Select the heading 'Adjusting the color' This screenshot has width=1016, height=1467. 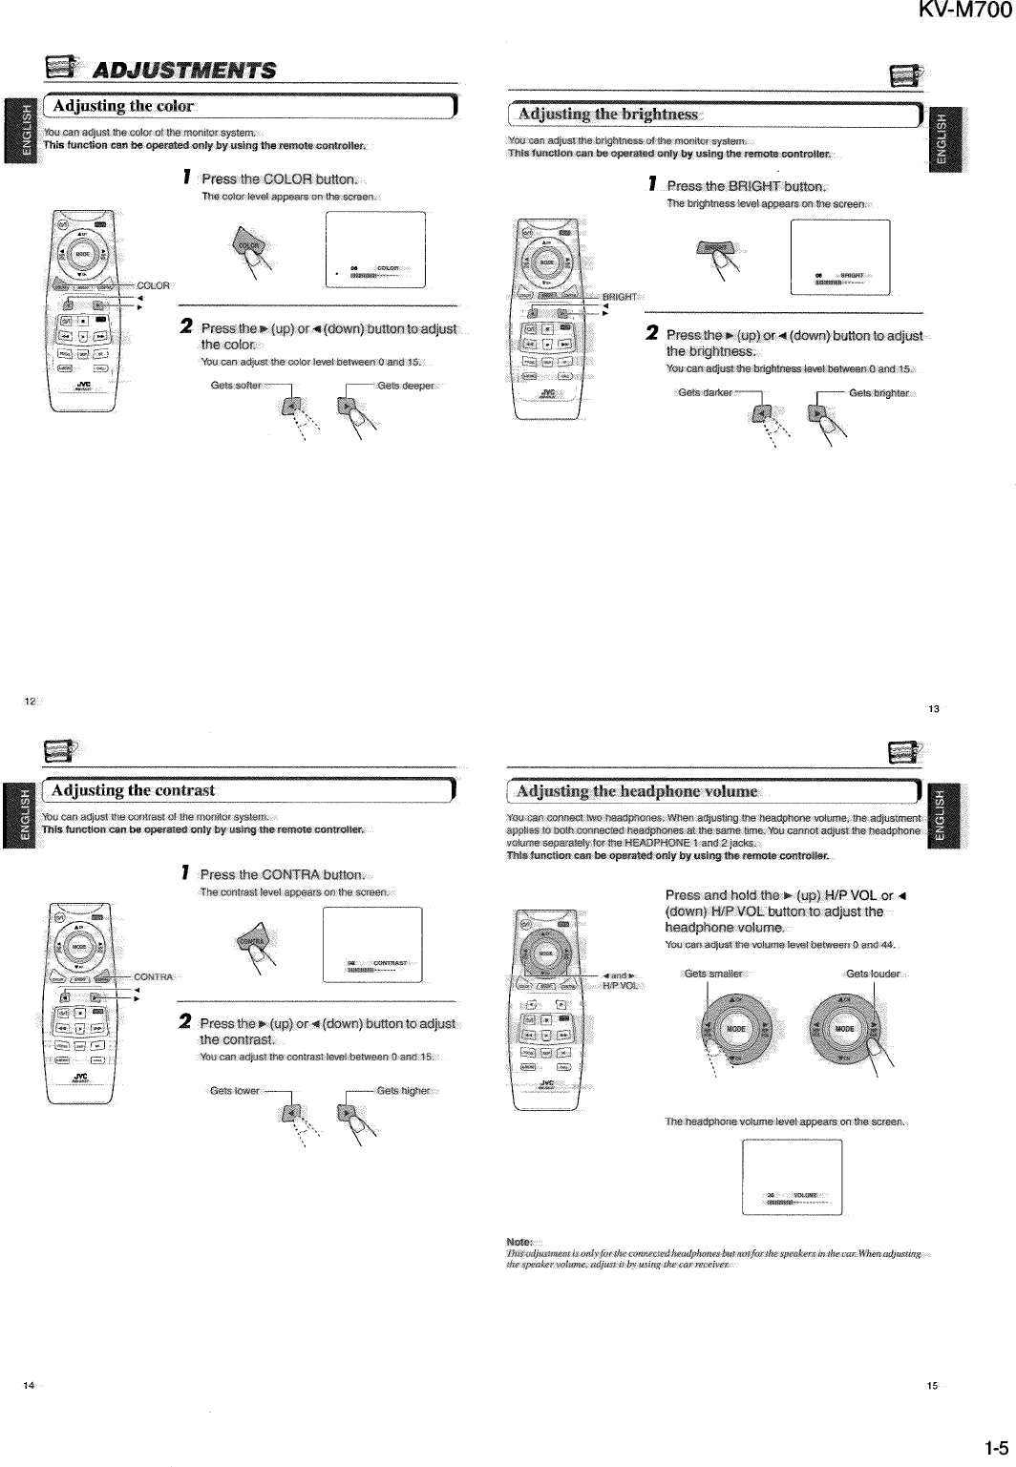(x=124, y=105)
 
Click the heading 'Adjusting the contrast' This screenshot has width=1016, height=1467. (x=133, y=790)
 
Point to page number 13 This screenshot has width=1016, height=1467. (x=934, y=709)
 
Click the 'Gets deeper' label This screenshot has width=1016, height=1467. (x=406, y=386)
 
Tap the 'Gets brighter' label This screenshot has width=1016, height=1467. (x=878, y=393)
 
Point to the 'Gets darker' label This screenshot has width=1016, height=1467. (x=705, y=393)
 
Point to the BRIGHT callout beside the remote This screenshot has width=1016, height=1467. (x=619, y=297)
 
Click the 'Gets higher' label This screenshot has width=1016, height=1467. (x=404, y=1090)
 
